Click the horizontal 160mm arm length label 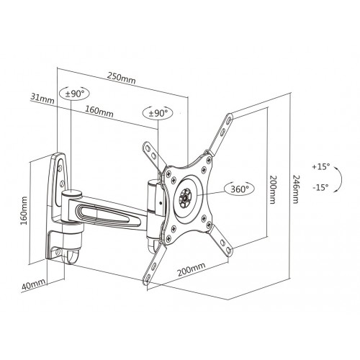point(99,112)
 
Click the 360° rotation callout point(238,189)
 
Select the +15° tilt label point(320,166)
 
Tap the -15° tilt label point(320,186)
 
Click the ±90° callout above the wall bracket point(76,94)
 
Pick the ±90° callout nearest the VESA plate point(158,113)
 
